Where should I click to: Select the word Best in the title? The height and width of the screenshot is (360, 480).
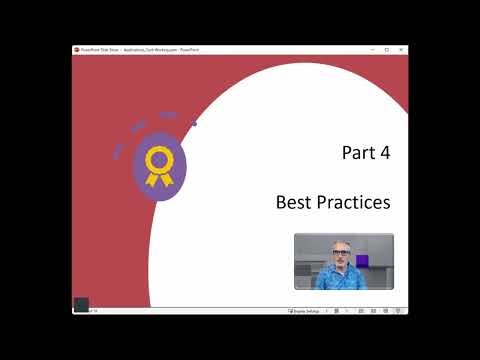295,202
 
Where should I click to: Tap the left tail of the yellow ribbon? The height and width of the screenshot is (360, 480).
152,179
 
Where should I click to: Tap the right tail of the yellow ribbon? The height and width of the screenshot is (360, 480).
165,179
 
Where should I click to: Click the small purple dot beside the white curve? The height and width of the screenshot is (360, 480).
194,124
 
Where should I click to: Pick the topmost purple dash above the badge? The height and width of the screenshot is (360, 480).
167,115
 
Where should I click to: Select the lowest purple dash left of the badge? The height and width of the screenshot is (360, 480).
118,153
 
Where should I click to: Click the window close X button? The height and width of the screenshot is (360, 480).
404,49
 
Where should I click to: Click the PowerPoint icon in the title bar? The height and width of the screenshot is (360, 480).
77,49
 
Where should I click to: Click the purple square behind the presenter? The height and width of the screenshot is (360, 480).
362,261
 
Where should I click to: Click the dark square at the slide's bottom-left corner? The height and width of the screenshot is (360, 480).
82,304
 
